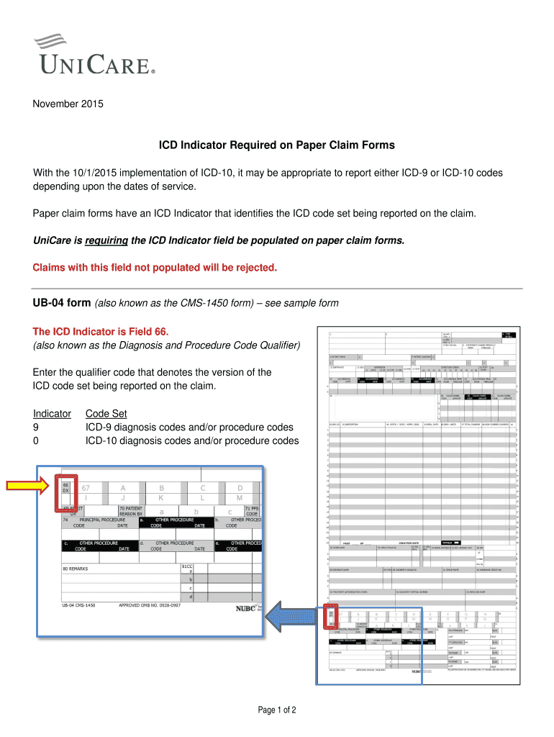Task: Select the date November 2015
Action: (68, 104)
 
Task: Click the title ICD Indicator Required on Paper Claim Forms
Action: (277, 145)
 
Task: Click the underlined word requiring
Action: (107, 240)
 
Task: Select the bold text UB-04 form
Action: (62, 303)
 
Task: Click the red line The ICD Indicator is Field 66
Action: (101, 332)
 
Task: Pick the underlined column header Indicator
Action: (52, 414)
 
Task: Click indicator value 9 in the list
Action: (37, 428)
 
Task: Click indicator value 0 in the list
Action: (37, 440)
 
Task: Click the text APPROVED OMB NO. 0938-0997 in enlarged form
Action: (150, 605)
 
